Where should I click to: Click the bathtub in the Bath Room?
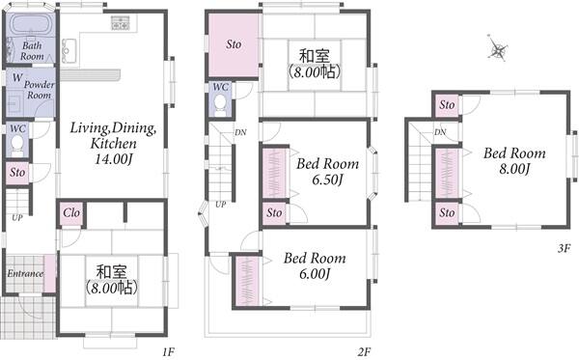coord(31,25)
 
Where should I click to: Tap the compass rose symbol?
coord(497,48)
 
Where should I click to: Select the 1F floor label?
coord(168,351)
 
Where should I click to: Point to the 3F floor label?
coord(564,248)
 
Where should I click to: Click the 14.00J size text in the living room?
coord(113,159)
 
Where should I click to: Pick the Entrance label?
coord(25,273)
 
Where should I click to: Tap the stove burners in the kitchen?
coord(120,23)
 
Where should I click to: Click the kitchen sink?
coord(69,50)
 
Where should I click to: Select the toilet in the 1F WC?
coord(17,145)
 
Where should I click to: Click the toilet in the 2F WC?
coord(220,105)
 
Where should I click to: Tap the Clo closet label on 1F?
coord(70,212)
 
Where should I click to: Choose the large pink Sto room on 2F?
coord(234,44)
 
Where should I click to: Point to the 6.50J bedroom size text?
coord(327,180)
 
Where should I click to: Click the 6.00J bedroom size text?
coord(315,274)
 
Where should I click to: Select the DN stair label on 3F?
coord(440,132)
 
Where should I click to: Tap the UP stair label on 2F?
coord(220,205)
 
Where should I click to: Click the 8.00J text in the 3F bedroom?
coord(514,169)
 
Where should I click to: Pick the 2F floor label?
coord(364,351)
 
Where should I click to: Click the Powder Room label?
coord(40,90)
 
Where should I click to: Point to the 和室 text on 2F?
coord(314,56)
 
